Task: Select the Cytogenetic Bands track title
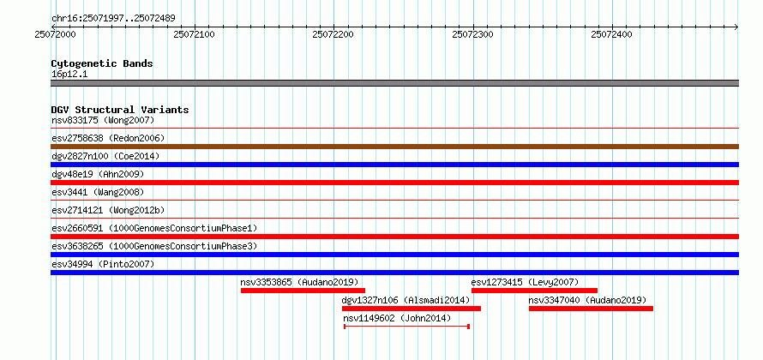tap(101, 63)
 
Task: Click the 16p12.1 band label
tap(69, 74)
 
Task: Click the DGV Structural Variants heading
tap(119, 110)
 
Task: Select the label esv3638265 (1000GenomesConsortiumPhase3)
tap(153, 246)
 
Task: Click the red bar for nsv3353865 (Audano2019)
tap(303, 291)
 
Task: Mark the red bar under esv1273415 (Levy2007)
tap(534, 291)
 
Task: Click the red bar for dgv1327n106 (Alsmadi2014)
tap(412, 309)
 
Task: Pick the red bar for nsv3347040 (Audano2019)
tap(591, 309)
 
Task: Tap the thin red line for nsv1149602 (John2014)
tap(406, 327)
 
